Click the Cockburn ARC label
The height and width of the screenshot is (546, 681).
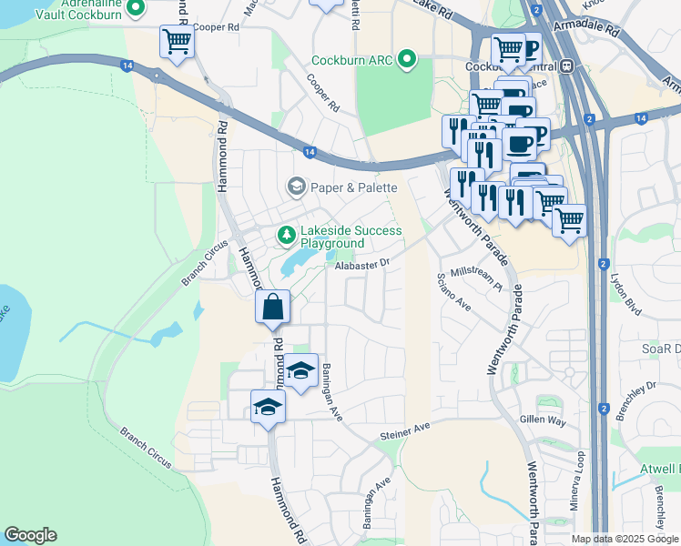(x=351, y=61)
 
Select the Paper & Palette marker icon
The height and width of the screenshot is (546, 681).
(x=296, y=187)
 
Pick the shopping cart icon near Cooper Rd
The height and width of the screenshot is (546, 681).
(x=176, y=42)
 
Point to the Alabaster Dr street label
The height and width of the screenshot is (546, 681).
(x=361, y=263)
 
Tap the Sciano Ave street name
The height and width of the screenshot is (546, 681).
(x=452, y=291)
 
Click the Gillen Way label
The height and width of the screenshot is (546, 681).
(x=543, y=420)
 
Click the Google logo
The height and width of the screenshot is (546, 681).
(x=30, y=535)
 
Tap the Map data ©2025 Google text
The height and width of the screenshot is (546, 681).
(x=624, y=539)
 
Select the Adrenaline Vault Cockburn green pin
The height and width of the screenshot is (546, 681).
(x=137, y=9)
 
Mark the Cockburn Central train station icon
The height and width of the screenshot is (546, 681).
(x=566, y=66)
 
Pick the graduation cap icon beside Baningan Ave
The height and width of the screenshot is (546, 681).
(x=300, y=371)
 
